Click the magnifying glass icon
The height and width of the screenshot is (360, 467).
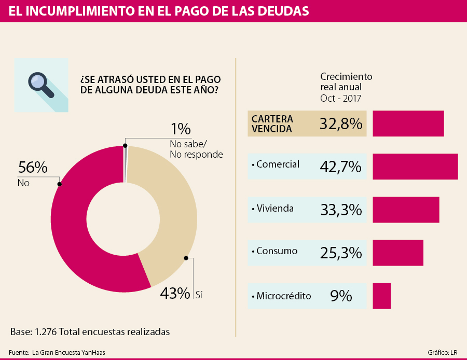coord(41,85)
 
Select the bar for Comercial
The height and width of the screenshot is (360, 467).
coord(415,167)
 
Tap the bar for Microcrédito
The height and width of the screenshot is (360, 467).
coord(381,296)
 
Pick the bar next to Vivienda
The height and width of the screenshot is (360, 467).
coord(406,210)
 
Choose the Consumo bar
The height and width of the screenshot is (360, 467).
coord(398,253)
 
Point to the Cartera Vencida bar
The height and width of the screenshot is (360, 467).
coord(408,123)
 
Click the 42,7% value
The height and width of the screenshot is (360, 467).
coord(340,167)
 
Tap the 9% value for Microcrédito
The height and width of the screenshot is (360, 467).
coord(341,296)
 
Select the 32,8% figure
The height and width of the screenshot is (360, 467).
coord(340,123)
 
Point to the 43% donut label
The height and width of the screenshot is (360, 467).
coord(175,294)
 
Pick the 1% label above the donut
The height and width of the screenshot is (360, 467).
coord(181,129)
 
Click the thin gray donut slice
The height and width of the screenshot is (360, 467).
coord(126,163)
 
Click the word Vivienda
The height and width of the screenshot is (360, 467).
coord(275,209)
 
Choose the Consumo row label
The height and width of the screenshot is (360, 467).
coord(277,251)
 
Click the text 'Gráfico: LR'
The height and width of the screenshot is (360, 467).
coord(442,353)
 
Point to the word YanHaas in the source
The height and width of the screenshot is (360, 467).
coord(95,353)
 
